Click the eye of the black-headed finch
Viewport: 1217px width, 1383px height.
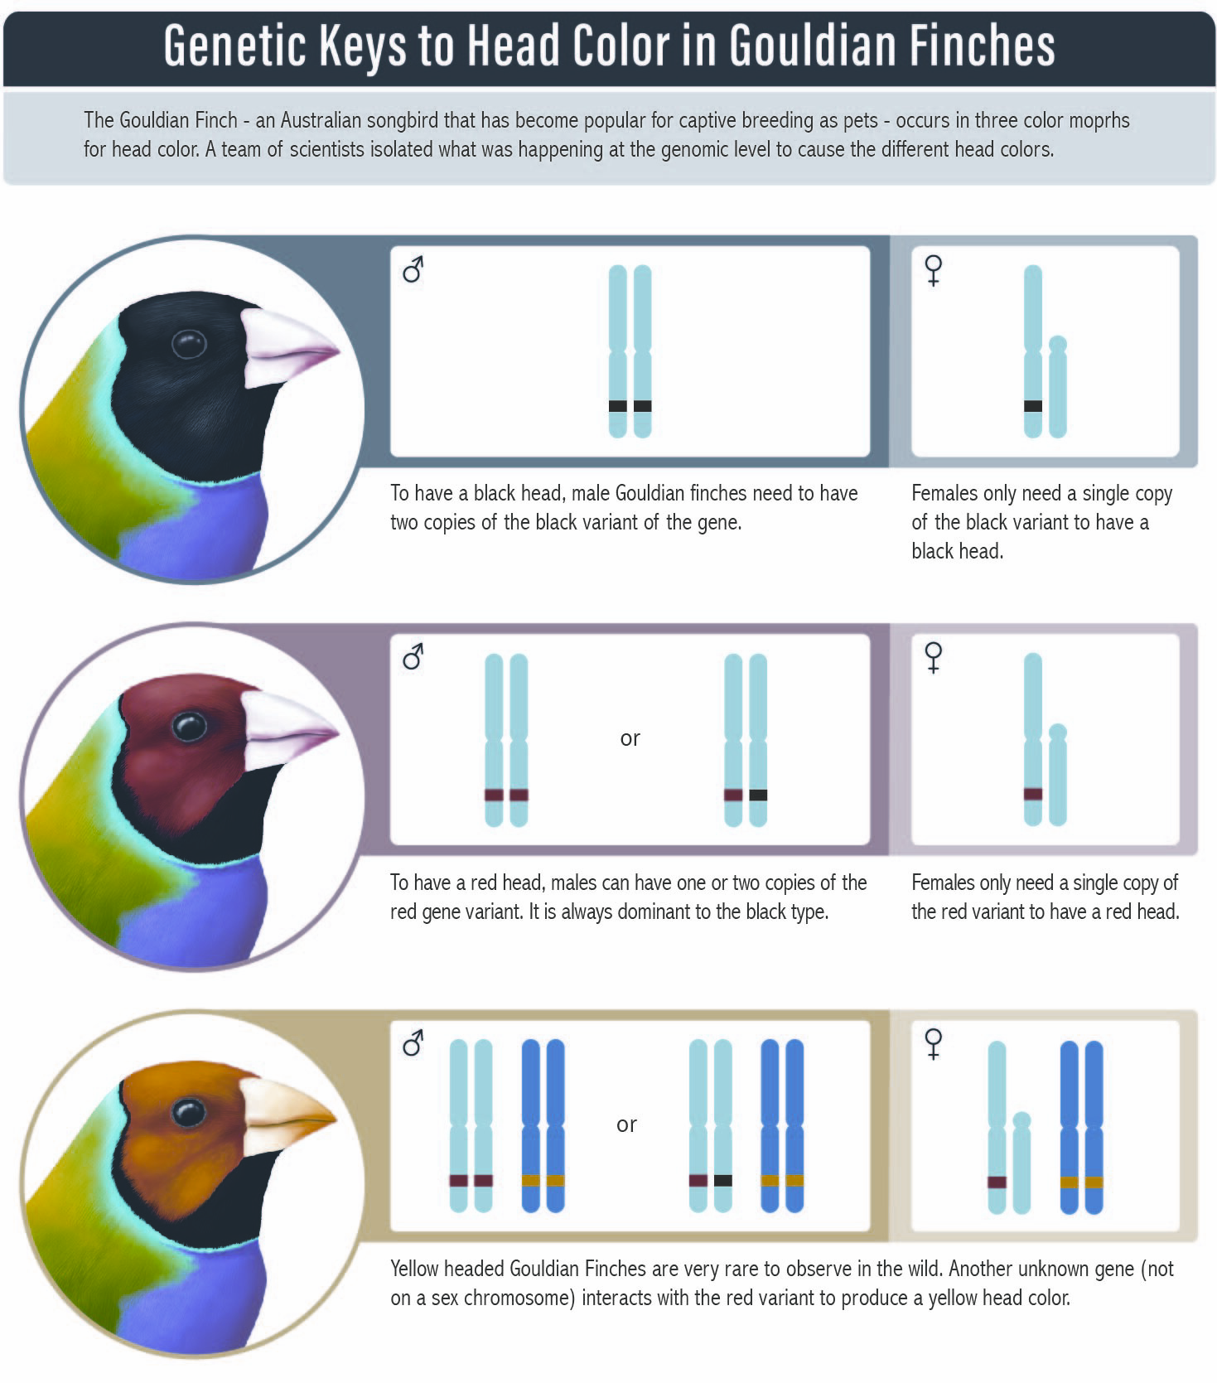(188, 344)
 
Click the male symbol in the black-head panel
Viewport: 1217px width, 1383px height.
(413, 269)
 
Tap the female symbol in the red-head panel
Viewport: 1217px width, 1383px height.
(934, 657)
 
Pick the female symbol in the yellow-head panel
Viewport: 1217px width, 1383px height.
(934, 1044)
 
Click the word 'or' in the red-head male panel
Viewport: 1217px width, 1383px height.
(630, 738)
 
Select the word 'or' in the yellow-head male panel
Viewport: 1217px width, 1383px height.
(626, 1124)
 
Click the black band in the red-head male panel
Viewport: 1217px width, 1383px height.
(758, 795)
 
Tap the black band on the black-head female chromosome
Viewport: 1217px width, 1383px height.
(1032, 406)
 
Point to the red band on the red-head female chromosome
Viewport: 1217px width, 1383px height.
(1032, 794)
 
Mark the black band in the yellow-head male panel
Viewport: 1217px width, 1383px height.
(723, 1181)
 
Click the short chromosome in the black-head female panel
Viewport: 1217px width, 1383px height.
(1057, 386)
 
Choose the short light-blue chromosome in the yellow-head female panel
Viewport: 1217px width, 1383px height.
(1021, 1163)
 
